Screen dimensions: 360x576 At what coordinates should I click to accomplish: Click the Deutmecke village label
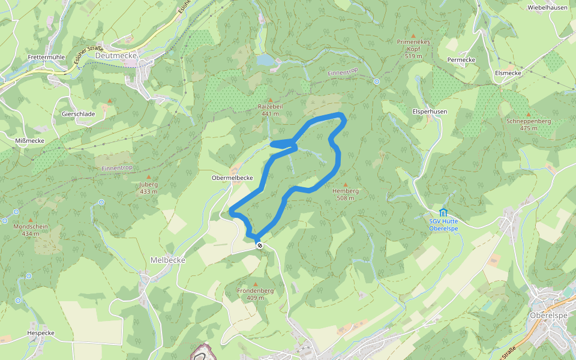click(116, 55)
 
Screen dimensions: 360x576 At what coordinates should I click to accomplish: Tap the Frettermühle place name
click(46, 58)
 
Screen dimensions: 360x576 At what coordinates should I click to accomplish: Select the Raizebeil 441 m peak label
click(270, 110)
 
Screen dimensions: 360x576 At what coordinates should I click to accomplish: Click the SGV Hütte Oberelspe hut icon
click(443, 212)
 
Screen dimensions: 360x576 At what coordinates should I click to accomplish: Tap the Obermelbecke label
click(232, 178)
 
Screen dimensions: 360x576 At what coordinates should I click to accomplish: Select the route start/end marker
click(260, 245)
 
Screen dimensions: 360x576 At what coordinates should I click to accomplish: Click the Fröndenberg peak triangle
click(256, 284)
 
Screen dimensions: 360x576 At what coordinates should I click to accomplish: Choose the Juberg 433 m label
click(148, 188)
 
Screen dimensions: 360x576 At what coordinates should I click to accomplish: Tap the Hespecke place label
click(41, 333)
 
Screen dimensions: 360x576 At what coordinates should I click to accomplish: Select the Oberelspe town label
click(548, 316)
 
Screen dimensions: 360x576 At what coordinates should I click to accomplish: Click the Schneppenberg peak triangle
click(528, 114)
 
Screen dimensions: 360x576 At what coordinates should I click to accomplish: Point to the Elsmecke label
click(508, 73)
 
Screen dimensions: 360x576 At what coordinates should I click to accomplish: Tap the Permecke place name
click(461, 60)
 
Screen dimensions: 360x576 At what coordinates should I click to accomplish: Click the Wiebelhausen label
click(547, 8)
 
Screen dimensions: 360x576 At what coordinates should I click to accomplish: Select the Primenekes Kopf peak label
click(413, 49)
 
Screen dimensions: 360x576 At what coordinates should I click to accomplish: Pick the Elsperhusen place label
click(430, 112)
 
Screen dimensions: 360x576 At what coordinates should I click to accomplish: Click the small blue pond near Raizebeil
click(265, 60)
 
